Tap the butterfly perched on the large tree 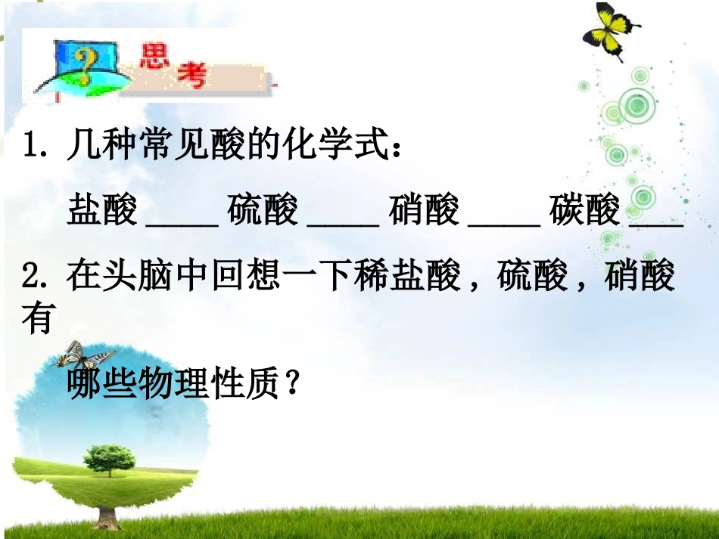(x=83, y=355)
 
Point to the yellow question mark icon (x=76, y=60)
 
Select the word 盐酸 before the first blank (x=102, y=210)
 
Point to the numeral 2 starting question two (x=31, y=277)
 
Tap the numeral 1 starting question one (x=31, y=144)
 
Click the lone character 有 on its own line (x=37, y=320)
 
